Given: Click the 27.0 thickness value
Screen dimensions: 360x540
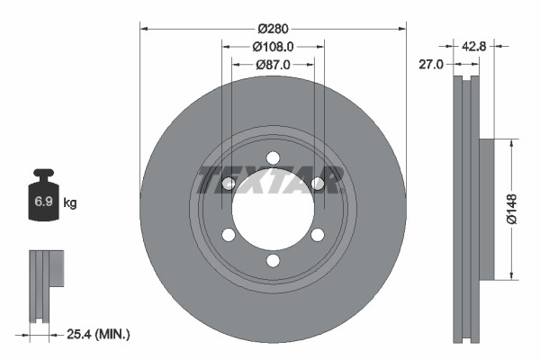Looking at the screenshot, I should tap(433, 64).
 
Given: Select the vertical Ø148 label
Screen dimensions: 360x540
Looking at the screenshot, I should tap(510, 208).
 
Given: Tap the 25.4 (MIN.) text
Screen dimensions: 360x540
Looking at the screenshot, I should tap(99, 334).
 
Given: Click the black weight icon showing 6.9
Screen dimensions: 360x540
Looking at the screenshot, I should tap(43, 201).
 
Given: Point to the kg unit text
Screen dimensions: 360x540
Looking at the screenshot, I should tap(69, 203).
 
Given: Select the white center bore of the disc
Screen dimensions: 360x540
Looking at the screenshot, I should tap(273, 210).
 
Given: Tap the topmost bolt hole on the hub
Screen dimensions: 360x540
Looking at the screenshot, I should tap(273, 158).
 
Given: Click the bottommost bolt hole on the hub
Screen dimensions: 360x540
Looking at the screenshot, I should tap(273, 261).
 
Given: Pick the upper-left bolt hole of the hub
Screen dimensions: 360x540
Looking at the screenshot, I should tap(229, 184).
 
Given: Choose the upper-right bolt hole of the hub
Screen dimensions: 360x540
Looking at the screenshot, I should tap(317, 184).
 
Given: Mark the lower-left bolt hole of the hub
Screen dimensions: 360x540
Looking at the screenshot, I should tap(229, 235).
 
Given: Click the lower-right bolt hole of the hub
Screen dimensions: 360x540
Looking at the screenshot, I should tap(317, 235).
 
